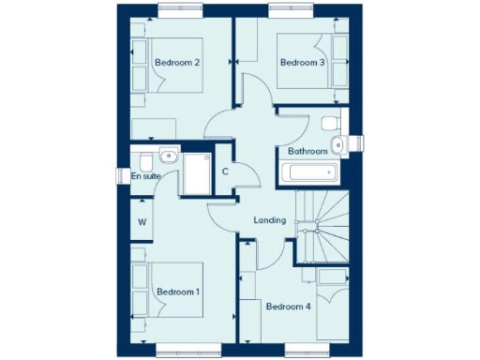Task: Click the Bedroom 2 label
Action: pyautogui.click(x=177, y=63)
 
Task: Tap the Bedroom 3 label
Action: pyautogui.click(x=302, y=63)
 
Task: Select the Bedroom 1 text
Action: pyautogui.click(x=177, y=292)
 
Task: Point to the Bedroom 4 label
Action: pyautogui.click(x=287, y=307)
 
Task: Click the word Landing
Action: pyautogui.click(x=269, y=220)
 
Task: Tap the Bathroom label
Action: pyautogui.click(x=307, y=151)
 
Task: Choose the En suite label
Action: pyautogui.click(x=145, y=175)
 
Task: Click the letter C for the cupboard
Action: pyautogui.click(x=225, y=172)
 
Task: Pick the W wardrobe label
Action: pyautogui.click(x=142, y=222)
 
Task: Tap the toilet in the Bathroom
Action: pyautogui.click(x=329, y=123)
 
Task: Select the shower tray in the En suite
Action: pyautogui.click(x=198, y=172)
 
